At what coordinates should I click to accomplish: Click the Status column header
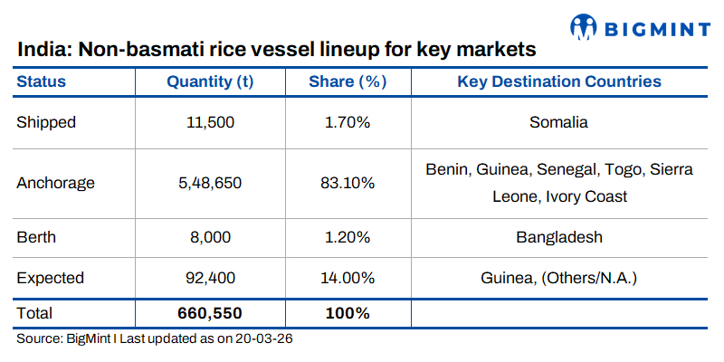pyautogui.click(x=42, y=81)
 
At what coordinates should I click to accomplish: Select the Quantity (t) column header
pyautogui.click(x=210, y=81)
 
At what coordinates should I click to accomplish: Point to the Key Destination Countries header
pyautogui.click(x=559, y=81)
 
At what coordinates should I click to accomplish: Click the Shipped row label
pyautogui.click(x=46, y=122)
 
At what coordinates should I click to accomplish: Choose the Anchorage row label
pyautogui.click(x=55, y=183)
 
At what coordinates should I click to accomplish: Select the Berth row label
pyautogui.click(x=36, y=237)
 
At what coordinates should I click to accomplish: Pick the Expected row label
pyautogui.click(x=51, y=277)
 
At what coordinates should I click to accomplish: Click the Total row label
pyautogui.click(x=35, y=313)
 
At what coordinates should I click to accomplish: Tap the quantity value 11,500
pyautogui.click(x=210, y=122)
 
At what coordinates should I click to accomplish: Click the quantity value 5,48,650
pyautogui.click(x=210, y=183)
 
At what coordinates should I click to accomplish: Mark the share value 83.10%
pyautogui.click(x=348, y=183)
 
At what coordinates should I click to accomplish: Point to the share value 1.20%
pyautogui.click(x=348, y=237)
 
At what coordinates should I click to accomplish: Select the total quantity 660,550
pyautogui.click(x=210, y=313)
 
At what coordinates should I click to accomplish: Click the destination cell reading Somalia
pyautogui.click(x=559, y=122)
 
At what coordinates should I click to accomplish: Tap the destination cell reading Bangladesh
pyautogui.click(x=559, y=237)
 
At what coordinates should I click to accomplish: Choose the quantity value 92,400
pyautogui.click(x=210, y=277)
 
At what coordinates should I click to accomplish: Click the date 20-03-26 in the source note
pyautogui.click(x=264, y=339)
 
